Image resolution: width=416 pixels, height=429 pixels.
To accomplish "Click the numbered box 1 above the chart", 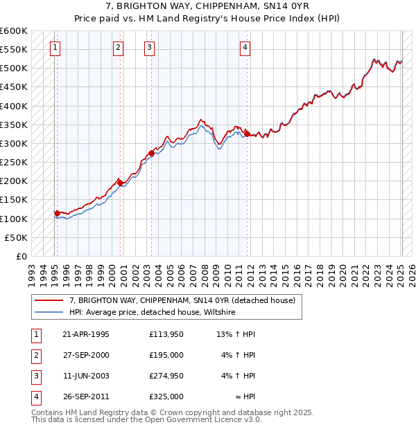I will point(55,48).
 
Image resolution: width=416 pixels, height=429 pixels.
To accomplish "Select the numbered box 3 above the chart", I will point(150,48).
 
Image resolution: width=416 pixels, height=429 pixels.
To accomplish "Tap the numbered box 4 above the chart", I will point(245,48).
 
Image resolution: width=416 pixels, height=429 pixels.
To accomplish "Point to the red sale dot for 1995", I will point(57,213).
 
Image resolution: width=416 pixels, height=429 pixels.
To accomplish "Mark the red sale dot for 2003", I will point(151,153).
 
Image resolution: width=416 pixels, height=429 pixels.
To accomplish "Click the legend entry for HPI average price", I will point(152,312).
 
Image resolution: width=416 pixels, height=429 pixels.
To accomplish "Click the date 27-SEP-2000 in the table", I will point(85,355).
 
